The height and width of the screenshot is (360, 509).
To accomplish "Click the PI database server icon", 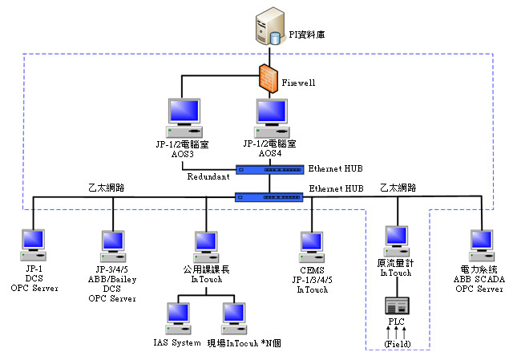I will pos(268,27).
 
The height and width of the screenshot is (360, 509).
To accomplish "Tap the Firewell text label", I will pos(298,83).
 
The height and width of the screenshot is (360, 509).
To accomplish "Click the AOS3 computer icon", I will pos(184,117).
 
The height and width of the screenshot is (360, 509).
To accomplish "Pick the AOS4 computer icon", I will pos(270,117).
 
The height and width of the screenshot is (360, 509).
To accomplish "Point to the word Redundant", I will pos(208,176).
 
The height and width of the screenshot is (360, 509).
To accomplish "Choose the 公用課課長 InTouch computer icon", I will pos(206,245).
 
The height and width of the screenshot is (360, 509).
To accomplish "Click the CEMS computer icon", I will pos(312,245).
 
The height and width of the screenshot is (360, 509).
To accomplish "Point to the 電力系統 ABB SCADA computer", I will pos(481,245).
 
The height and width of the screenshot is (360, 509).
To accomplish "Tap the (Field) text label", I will pos(398,343).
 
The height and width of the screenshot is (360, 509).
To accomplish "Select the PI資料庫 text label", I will pos(307,35).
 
